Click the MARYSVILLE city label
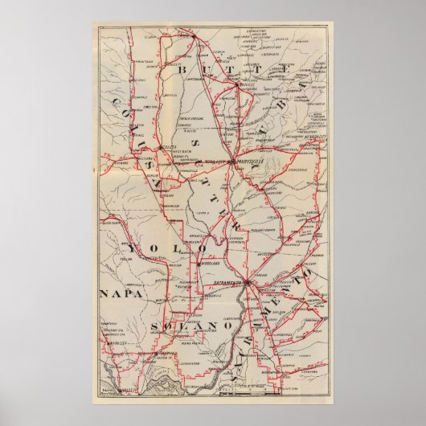(249, 160)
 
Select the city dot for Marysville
(231, 161)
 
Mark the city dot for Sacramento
(248, 283)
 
